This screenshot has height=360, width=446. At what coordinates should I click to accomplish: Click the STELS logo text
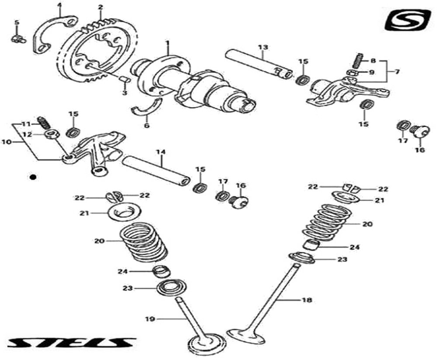pos(71,343)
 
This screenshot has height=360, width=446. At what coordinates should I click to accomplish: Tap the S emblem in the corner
pos(408,20)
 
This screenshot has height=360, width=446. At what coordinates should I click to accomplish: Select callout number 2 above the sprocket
pos(100,7)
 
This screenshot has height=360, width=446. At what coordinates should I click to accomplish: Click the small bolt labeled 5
pos(17,39)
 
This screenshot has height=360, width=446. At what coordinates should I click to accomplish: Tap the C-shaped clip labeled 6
pos(147,107)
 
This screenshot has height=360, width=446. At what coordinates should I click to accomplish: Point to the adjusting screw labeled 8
pos(358,58)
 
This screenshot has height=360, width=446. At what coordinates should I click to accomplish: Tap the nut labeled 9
pos(351,73)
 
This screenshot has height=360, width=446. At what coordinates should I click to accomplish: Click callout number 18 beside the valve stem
pos(307,300)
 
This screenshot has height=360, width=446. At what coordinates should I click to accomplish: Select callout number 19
pos(150,319)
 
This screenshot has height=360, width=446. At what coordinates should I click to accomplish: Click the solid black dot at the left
pos(32,177)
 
